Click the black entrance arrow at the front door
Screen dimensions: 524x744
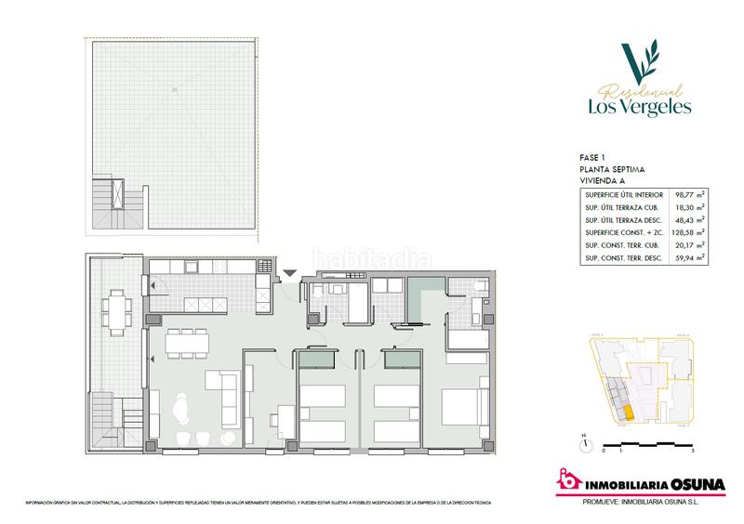(x=290, y=272)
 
